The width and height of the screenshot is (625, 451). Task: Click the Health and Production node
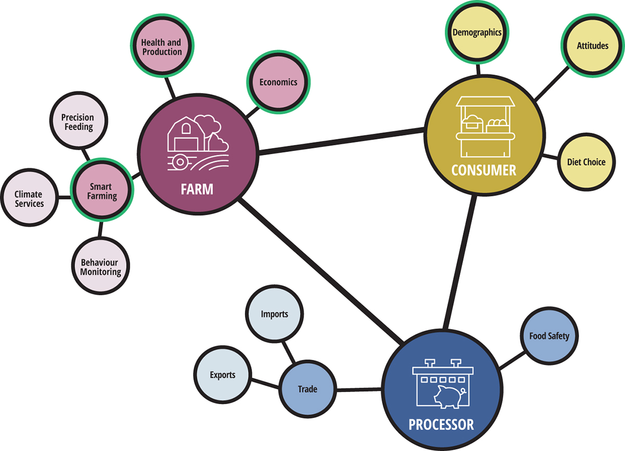[162, 47]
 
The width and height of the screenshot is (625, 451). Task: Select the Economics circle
[278, 82]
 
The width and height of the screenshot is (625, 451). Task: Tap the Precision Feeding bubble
[78, 122]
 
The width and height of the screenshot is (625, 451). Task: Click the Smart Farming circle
[101, 192]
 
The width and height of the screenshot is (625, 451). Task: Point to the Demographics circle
[477, 32]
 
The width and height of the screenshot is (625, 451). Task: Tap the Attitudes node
[592, 46]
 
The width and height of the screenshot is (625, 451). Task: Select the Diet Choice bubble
[586, 162]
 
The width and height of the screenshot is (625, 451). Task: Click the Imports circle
[274, 314]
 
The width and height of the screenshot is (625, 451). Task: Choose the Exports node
[223, 375]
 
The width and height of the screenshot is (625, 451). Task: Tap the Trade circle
[307, 389]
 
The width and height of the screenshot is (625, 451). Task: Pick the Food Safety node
[549, 336]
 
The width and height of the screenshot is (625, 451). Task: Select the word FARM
[197, 189]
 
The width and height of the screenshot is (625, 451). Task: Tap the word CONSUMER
[484, 170]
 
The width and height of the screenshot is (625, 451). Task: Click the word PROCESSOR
[441, 424]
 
